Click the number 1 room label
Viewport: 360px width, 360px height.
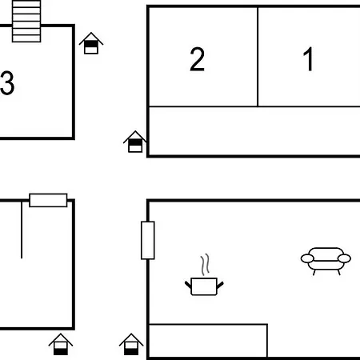pos(308,59)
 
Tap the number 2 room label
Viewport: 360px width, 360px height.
pos(197,59)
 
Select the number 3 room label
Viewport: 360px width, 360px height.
pos(7,83)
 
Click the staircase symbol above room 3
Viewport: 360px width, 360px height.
pos(26,21)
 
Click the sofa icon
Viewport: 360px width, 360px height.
pos(326,261)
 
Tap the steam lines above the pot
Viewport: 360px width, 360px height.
pos(205,264)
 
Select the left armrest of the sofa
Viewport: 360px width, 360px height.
pos(307,258)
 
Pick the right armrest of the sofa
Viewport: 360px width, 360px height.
pos(344,258)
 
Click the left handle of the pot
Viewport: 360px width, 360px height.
pos(188,285)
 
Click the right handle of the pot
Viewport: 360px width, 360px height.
pos(220,285)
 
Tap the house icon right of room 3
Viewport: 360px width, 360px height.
pos(91,43)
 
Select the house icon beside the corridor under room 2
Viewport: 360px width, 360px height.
pos(135,142)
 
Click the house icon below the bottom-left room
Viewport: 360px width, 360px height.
pos(61,344)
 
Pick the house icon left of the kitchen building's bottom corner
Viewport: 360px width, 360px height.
pos(131,344)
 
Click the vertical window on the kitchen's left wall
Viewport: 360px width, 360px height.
pos(148,240)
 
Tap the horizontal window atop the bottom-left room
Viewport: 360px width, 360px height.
pos(48,200)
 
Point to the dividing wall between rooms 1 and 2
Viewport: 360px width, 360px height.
pos(258,57)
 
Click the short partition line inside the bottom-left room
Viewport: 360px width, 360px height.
pos(22,230)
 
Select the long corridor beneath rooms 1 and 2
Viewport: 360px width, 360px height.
pos(254,130)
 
